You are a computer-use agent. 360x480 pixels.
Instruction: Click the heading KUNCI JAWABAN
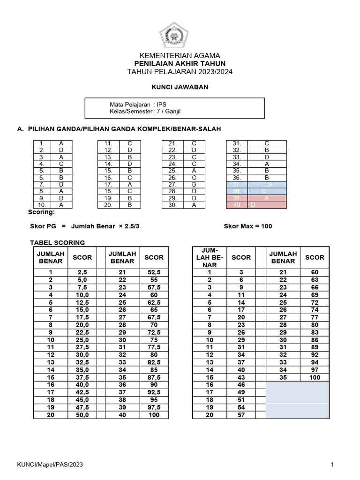[180, 87]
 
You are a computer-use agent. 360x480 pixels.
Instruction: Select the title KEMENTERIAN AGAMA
[180, 55]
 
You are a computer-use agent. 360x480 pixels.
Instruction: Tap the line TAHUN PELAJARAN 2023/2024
[180, 72]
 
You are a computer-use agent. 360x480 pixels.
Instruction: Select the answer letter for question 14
[130, 164]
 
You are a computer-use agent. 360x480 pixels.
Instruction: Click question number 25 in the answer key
[172, 171]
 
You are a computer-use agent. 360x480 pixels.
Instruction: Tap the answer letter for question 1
[62, 143]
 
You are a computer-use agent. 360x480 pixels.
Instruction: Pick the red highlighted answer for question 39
[267, 198]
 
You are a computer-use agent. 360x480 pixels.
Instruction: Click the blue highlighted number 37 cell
[236, 185]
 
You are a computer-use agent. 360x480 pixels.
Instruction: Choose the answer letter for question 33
[267, 157]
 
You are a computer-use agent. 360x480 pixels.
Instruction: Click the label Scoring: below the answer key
[42, 212]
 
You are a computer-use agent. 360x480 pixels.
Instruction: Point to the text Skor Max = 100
[248, 226]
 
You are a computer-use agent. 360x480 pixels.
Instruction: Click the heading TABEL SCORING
[58, 242]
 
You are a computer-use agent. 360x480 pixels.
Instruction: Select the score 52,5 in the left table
[154, 272]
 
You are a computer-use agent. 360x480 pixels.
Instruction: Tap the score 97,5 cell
[154, 407]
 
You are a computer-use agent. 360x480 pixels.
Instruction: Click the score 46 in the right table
[241, 384]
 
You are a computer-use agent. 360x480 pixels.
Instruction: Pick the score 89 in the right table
[315, 347]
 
